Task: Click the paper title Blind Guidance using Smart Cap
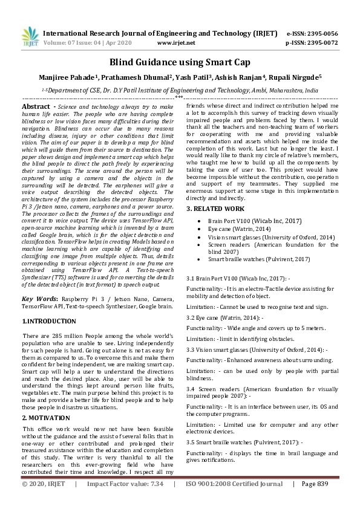point(180,62)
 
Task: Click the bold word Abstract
point(35,106)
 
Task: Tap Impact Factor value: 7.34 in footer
point(125,501)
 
